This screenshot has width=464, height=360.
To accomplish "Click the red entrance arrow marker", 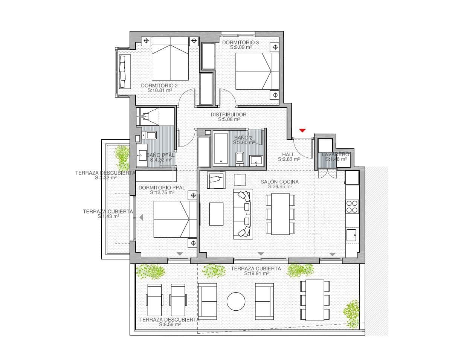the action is [x=302, y=130].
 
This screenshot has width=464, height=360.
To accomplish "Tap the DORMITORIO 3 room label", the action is [x=240, y=43].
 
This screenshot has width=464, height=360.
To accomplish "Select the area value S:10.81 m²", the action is [x=160, y=90].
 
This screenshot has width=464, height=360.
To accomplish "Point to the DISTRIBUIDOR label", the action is [x=229, y=114].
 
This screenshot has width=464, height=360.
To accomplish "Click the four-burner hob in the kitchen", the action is [x=352, y=207].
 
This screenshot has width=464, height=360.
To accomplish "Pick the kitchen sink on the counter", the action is [x=351, y=235].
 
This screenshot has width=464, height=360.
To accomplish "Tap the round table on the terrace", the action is [x=236, y=302].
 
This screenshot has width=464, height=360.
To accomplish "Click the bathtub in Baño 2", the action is [x=221, y=148].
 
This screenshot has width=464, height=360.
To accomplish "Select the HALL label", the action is [x=288, y=154].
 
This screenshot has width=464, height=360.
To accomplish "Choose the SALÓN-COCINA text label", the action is [x=279, y=182].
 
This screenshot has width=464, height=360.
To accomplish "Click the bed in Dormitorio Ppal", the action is [x=175, y=219].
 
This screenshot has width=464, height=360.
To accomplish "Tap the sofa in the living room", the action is [x=243, y=214].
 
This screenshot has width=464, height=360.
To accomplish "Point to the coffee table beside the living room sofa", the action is [x=216, y=214].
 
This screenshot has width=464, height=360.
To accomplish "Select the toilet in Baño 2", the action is [x=240, y=159].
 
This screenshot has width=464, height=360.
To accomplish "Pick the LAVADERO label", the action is [x=336, y=154].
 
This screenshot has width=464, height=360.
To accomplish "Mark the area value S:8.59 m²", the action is [x=170, y=324].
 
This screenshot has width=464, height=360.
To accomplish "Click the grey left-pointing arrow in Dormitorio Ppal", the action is [x=141, y=218].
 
